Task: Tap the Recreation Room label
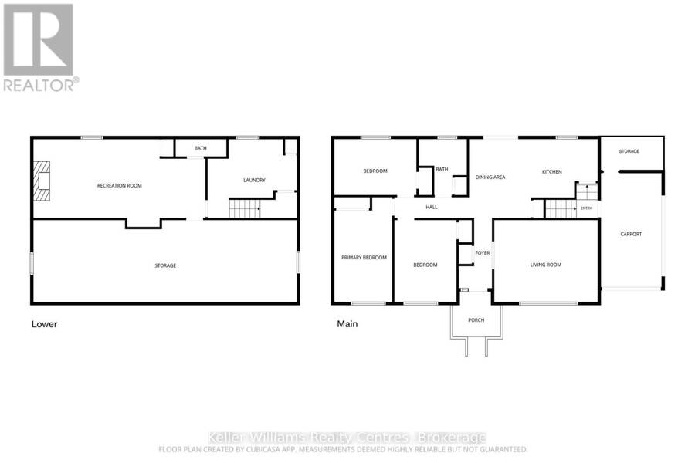(x=119, y=186)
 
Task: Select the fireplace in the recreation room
(x=42, y=181)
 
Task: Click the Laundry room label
(x=254, y=180)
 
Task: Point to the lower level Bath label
(x=200, y=148)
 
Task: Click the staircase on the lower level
(x=244, y=208)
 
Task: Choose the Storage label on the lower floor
(x=165, y=265)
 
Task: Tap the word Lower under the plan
(x=44, y=324)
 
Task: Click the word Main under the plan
(x=347, y=324)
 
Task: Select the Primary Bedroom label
(x=364, y=258)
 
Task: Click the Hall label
(x=431, y=207)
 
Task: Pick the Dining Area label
(x=490, y=177)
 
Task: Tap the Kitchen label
(x=552, y=171)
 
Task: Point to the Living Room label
(x=546, y=265)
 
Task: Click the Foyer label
(x=482, y=253)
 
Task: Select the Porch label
(x=476, y=320)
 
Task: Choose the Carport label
(x=631, y=234)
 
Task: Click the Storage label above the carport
(x=629, y=151)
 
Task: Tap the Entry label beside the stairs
(x=586, y=208)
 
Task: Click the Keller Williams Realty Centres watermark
(x=347, y=438)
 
